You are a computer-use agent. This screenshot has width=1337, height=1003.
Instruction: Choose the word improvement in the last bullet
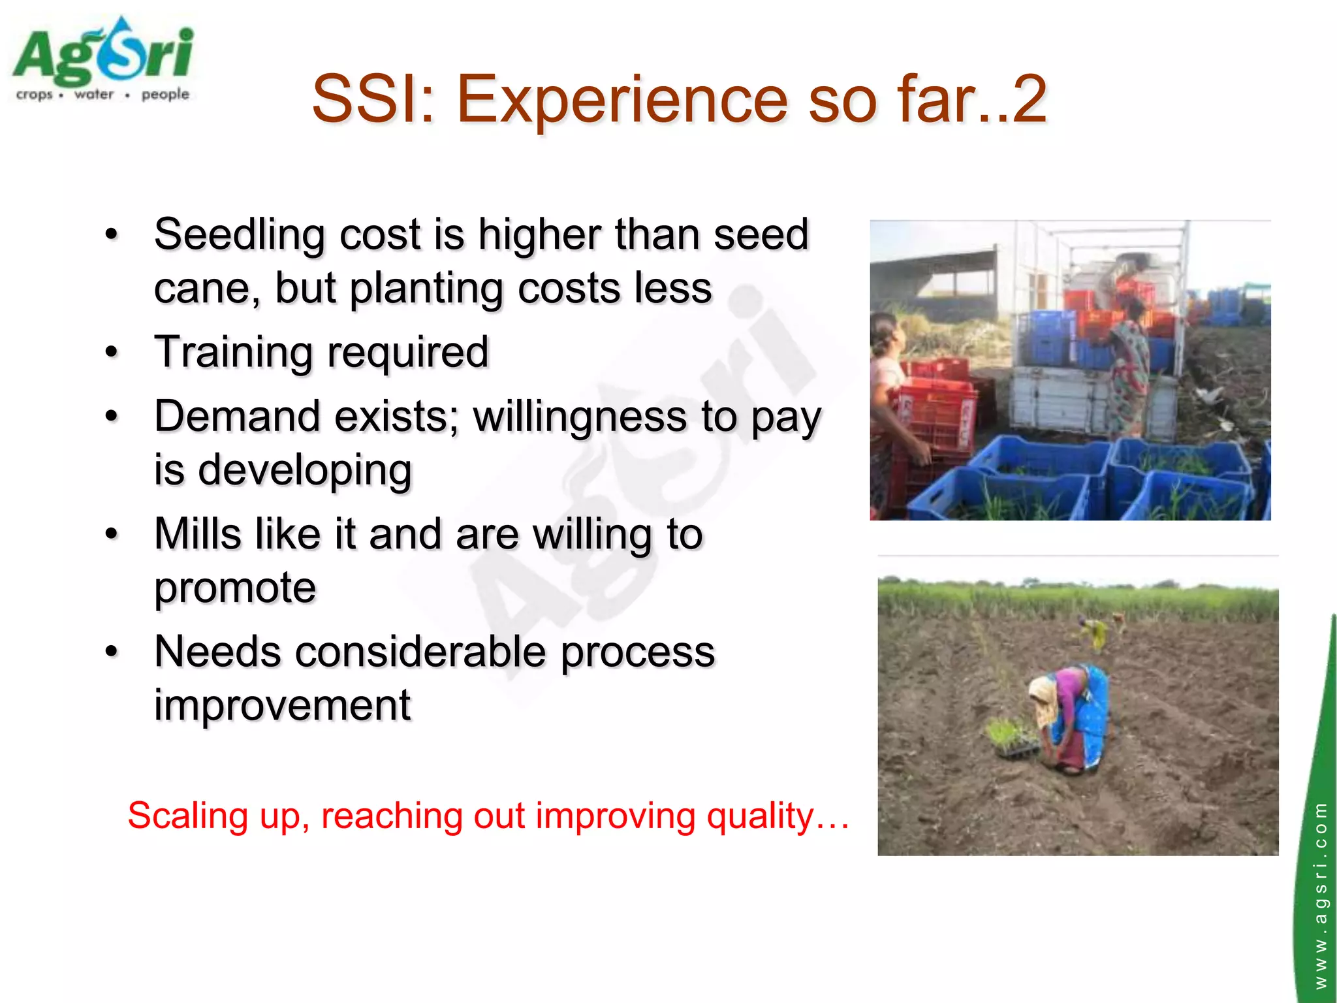[x=282, y=705]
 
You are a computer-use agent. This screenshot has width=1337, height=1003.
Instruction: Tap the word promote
[x=235, y=588]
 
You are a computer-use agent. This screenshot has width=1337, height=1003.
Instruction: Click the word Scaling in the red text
[x=187, y=816]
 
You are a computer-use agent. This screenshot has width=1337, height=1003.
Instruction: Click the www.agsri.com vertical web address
[x=1320, y=895]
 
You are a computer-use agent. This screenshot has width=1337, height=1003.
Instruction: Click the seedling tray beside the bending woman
[x=1012, y=741]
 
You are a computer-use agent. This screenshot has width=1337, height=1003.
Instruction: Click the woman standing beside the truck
[x=1129, y=366]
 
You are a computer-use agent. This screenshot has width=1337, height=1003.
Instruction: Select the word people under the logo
[x=165, y=95]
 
